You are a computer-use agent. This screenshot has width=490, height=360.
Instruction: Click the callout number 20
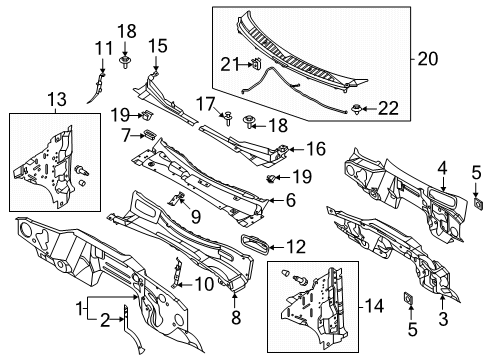(427, 59)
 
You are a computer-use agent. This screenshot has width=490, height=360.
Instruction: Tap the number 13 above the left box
(57, 99)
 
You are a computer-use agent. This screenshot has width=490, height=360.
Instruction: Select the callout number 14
(374, 306)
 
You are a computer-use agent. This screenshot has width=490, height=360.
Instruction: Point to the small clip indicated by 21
(256, 63)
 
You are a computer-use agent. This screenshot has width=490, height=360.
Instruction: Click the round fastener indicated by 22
(356, 109)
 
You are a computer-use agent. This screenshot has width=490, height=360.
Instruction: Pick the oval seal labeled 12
(254, 245)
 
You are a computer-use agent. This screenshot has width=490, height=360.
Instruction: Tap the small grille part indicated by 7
(150, 134)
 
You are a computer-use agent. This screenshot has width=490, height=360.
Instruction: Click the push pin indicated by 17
(228, 118)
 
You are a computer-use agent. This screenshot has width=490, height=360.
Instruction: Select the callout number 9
(196, 217)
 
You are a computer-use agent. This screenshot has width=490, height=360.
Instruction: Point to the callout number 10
(204, 285)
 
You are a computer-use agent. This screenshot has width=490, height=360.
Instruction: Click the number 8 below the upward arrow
(236, 317)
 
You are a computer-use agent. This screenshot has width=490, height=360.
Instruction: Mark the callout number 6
(291, 200)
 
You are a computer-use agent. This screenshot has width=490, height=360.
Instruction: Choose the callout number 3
(443, 319)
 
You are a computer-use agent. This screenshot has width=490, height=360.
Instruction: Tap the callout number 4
(442, 169)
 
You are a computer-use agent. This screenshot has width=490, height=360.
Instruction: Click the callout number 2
(105, 321)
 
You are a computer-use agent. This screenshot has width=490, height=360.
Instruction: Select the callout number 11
(104, 48)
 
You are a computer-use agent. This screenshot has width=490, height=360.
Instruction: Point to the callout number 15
(158, 46)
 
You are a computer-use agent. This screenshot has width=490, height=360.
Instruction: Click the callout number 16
(316, 149)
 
